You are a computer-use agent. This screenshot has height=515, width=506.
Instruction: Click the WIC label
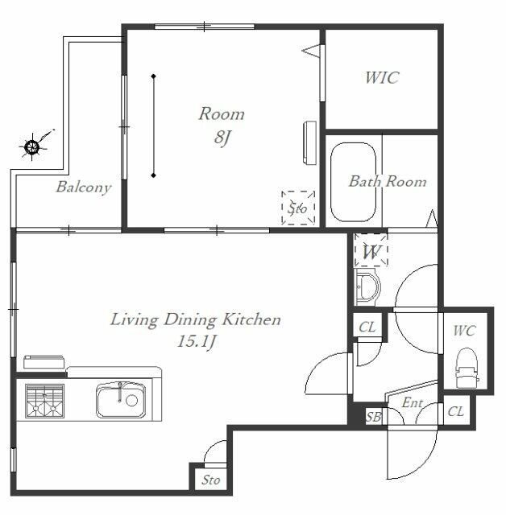(x=382, y=78)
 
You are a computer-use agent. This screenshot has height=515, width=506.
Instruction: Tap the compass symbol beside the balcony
(x=32, y=146)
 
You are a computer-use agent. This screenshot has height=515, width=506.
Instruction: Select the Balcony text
(x=84, y=187)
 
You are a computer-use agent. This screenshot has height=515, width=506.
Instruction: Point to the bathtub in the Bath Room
(x=353, y=182)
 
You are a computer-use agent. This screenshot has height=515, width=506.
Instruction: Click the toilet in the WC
(x=467, y=368)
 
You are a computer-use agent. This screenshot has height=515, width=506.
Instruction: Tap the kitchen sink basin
(x=121, y=400)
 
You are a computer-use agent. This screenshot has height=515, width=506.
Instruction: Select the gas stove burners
(x=44, y=401)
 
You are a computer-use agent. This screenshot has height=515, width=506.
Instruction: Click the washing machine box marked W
(x=371, y=250)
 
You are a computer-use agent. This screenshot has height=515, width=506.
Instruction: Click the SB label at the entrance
(x=374, y=417)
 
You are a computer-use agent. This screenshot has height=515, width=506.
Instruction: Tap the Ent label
(x=412, y=402)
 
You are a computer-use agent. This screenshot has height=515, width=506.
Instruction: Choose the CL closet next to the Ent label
(x=456, y=411)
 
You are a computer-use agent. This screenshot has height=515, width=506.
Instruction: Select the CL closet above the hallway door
(x=367, y=328)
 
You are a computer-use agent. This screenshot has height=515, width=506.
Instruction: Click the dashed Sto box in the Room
(x=298, y=208)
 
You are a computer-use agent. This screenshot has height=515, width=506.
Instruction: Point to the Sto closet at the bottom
(x=210, y=480)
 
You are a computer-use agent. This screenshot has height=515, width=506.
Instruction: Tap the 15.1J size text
(x=197, y=341)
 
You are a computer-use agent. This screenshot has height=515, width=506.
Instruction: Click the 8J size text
(x=222, y=138)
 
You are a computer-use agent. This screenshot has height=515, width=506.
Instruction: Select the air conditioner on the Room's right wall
(x=309, y=142)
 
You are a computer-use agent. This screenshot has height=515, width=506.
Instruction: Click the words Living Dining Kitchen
(x=195, y=320)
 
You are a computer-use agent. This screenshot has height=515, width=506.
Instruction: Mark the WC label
(x=464, y=331)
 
